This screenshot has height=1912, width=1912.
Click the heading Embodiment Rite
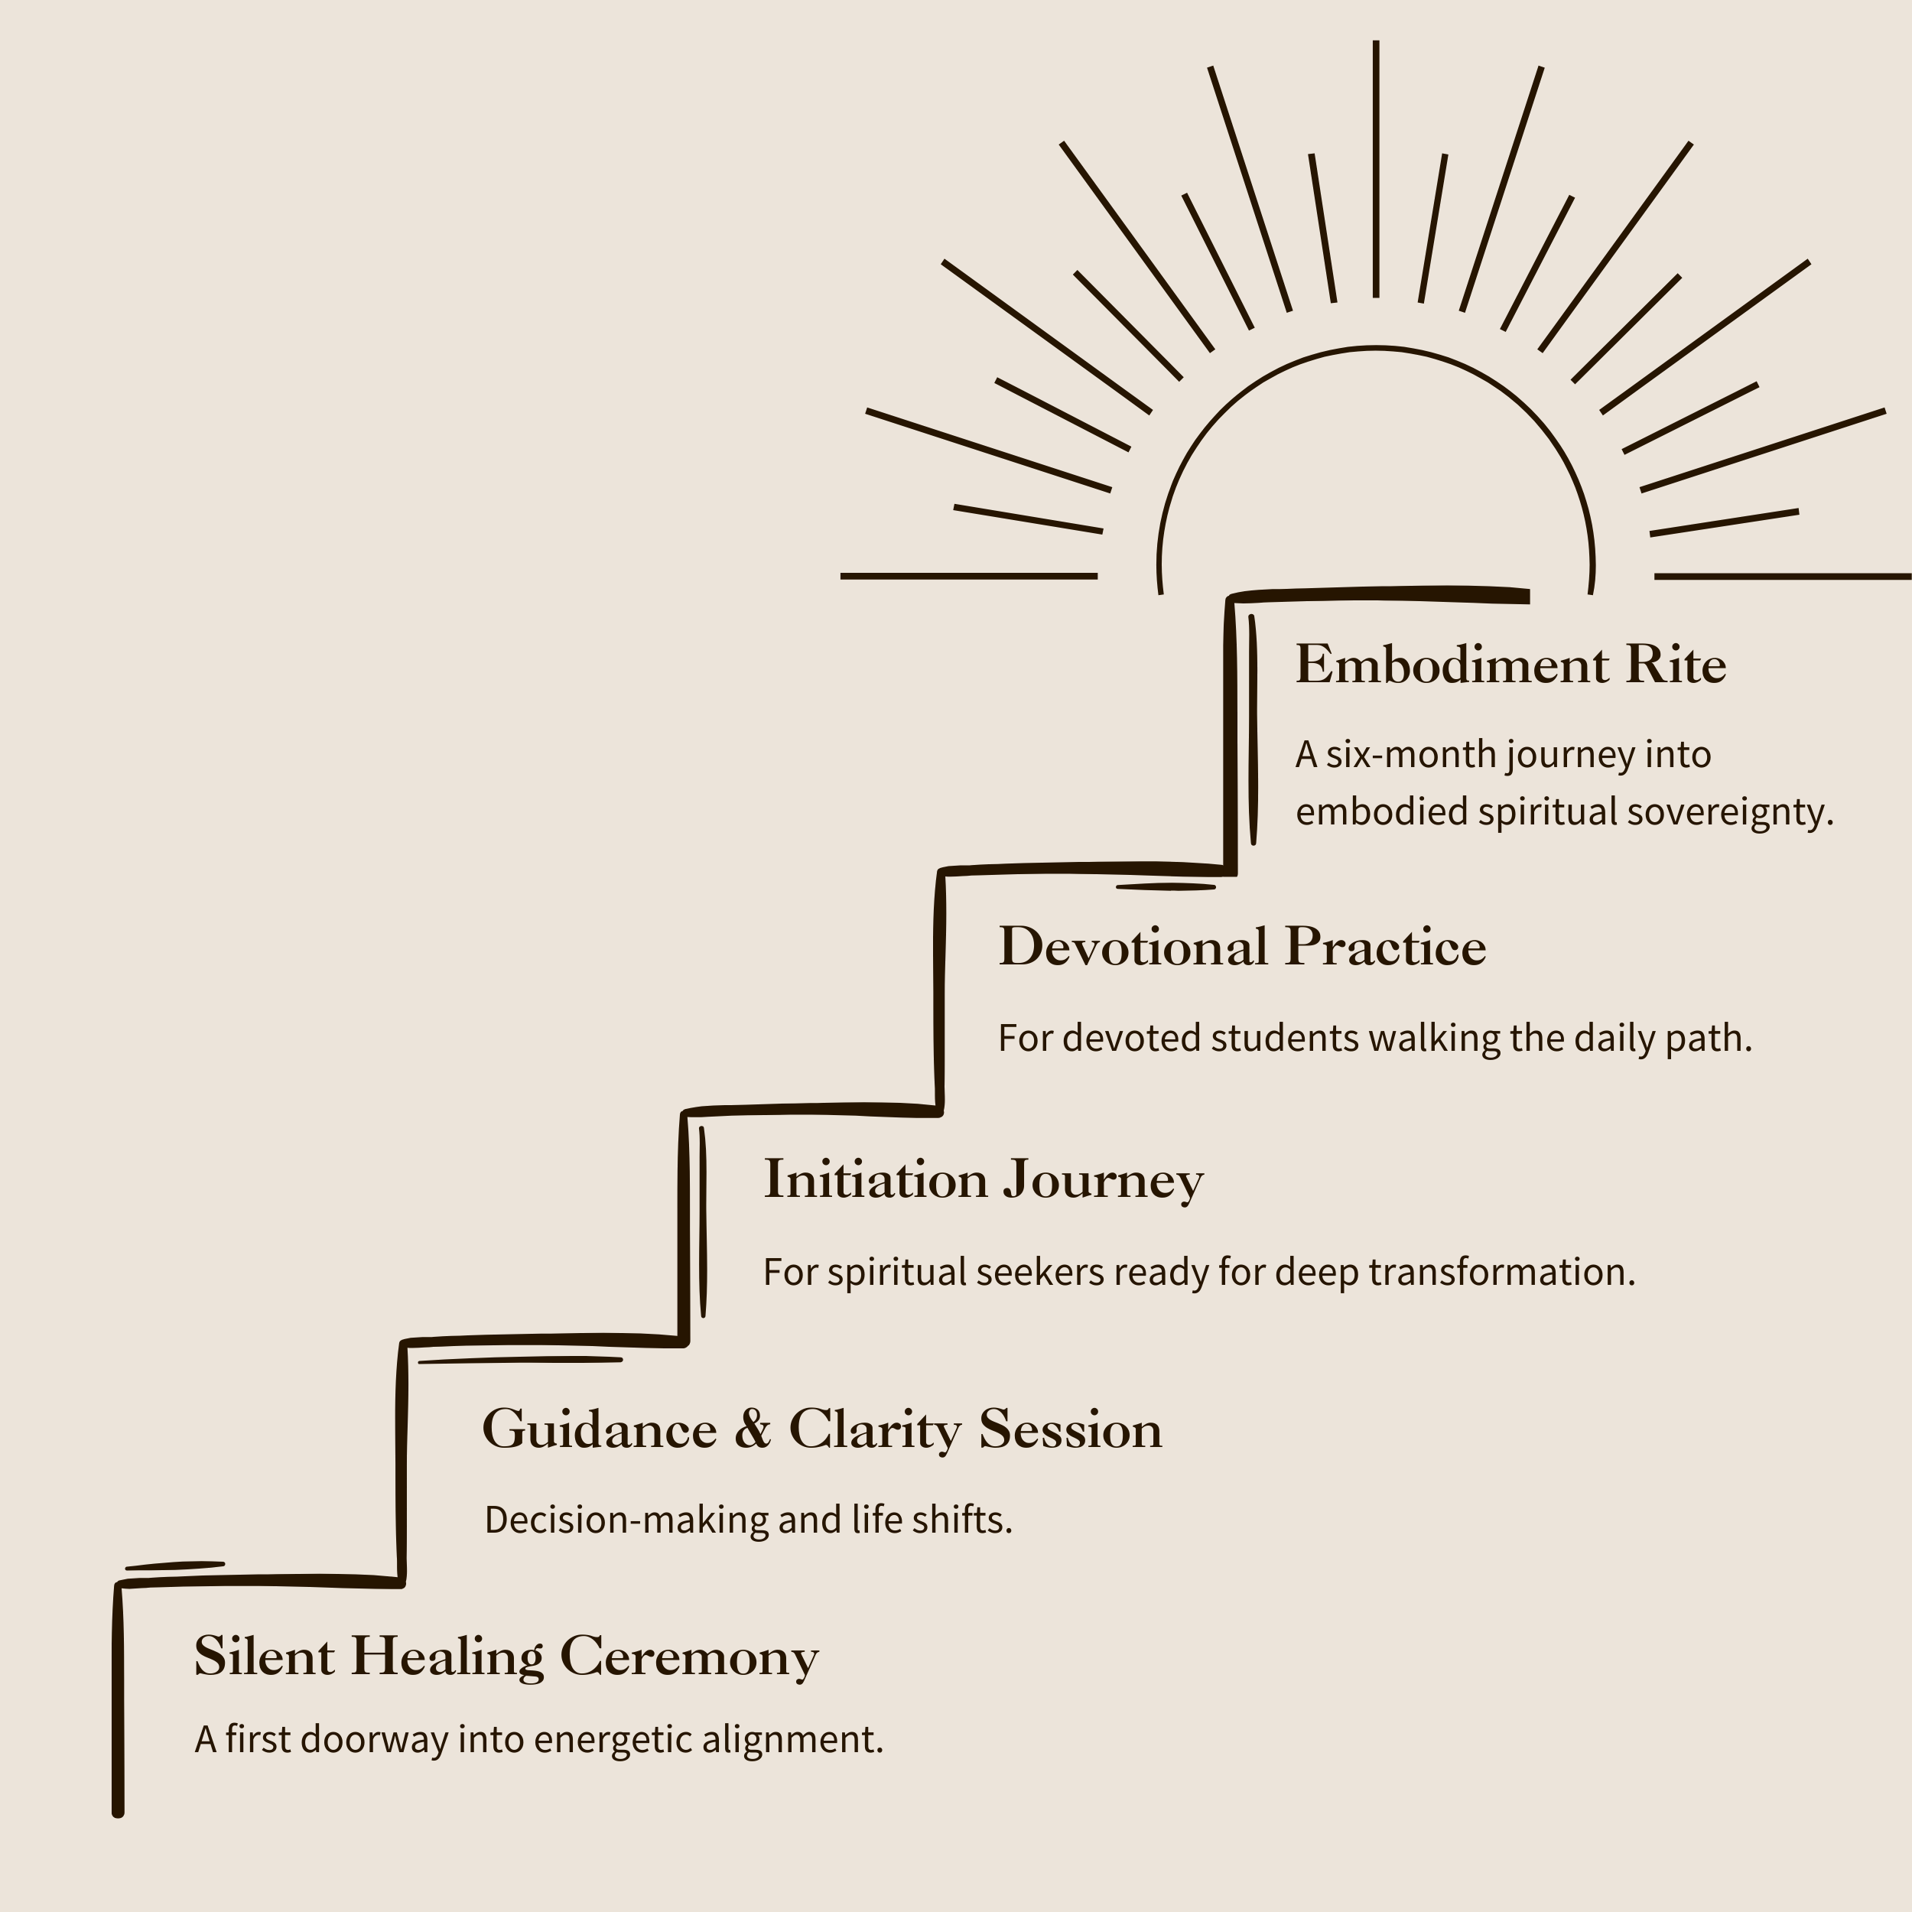[x=1510, y=665]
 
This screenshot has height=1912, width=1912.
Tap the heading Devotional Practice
[x=1242, y=947]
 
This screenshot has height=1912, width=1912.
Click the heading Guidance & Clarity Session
[x=821, y=1429]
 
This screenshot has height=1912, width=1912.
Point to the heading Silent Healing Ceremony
[x=506, y=1657]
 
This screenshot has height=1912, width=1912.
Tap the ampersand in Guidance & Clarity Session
[x=752, y=1429]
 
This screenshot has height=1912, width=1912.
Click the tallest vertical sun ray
[x=1376, y=168]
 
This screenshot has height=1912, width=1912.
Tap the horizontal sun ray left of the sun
[x=968, y=575]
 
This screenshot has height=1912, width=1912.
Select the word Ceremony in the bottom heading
[x=689, y=1657]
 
